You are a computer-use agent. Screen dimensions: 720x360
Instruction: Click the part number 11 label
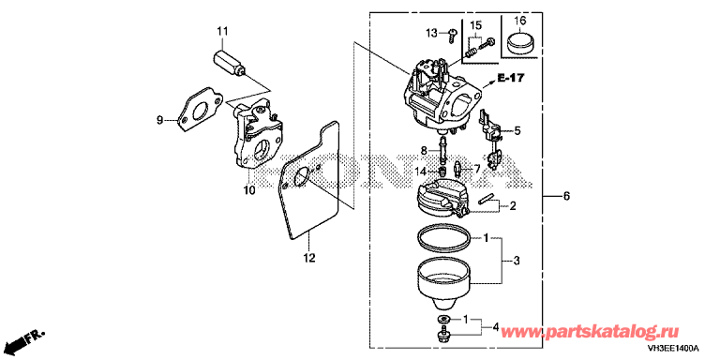(222, 31)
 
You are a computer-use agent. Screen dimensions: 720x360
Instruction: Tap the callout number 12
(309, 258)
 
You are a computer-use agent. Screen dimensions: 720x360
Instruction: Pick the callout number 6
(566, 197)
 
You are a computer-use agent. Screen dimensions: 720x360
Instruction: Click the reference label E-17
(511, 79)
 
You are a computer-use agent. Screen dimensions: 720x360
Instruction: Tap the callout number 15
(475, 24)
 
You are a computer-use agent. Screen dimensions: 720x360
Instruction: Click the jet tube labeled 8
(443, 148)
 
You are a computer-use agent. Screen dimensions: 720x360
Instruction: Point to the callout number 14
(421, 172)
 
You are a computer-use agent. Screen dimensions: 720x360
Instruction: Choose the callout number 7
(476, 170)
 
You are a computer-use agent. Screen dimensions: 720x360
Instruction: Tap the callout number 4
(495, 328)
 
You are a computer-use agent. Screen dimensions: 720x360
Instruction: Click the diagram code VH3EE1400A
(674, 348)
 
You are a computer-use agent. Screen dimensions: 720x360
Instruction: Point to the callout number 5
(517, 131)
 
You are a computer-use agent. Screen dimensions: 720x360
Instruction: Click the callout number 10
(248, 190)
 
